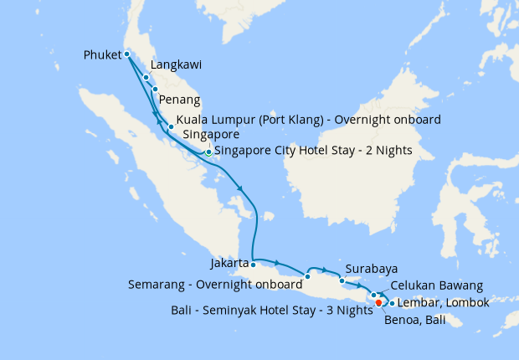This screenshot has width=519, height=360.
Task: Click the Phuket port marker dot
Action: (126, 54)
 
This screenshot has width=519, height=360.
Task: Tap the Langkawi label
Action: (177, 64)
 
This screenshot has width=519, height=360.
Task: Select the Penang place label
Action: (179, 100)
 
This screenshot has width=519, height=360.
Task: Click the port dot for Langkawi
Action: (146, 77)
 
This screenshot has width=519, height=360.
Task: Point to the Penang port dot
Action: (156, 89)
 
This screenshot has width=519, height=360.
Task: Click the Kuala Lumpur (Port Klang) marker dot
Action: (171, 127)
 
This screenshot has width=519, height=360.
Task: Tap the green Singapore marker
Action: (208, 152)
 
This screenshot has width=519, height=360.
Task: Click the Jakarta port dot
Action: (253, 265)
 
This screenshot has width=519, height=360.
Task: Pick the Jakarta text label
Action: (229, 263)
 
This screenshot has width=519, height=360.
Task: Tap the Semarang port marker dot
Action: (308, 276)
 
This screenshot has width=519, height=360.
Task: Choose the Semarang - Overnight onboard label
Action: (213, 284)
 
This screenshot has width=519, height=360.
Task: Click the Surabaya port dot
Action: (342, 280)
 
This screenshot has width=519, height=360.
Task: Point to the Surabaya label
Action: (371, 270)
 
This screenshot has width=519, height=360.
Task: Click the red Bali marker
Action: (378, 302)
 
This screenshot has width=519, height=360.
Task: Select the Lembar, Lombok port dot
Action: (392, 303)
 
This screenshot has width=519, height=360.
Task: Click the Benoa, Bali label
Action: (414, 319)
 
